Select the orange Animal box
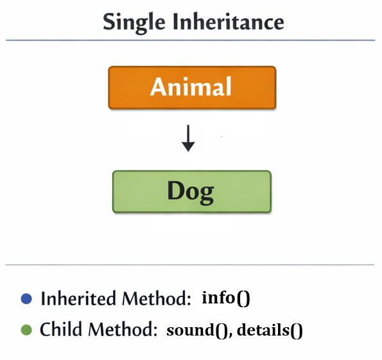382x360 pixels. tap(191, 87)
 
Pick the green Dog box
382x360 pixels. tap(191, 191)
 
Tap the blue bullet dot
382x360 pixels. tap(26, 298)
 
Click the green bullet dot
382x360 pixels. tap(26, 330)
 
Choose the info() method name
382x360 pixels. tap(225, 298)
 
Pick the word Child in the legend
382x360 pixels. tap(62, 330)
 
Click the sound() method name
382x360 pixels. tap(197, 331)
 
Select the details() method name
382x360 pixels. tap(270, 331)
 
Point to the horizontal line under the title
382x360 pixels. tap(191, 40)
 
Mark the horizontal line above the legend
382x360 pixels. tap(191, 264)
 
